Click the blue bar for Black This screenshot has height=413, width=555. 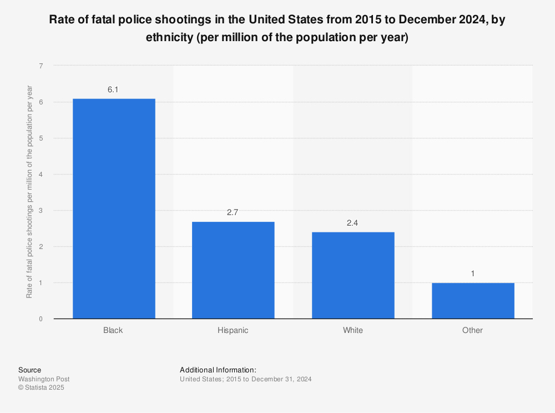click(113, 208)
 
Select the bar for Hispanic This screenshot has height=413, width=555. click(233, 270)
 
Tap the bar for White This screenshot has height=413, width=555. click(353, 275)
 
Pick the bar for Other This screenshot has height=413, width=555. click(473, 301)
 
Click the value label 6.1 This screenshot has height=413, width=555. click(113, 89)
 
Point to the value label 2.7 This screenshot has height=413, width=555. click(233, 212)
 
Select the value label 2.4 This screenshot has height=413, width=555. click(353, 223)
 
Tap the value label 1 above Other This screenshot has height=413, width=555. click(473, 273)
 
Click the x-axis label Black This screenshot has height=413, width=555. click(113, 330)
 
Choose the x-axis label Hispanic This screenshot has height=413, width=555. click(233, 330)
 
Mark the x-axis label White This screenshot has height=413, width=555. click(353, 330)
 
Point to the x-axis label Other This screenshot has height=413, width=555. click(473, 330)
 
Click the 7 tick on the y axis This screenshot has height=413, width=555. click(41, 66)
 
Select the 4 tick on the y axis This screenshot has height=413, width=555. click(41, 175)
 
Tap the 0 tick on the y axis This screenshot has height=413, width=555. click(41, 319)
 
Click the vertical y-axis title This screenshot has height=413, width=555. click(29, 192)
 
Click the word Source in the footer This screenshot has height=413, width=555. click(29, 370)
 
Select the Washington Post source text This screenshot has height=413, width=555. click(44, 379)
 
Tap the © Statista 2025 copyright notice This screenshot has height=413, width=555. click(41, 387)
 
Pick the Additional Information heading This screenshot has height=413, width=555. click(218, 370)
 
